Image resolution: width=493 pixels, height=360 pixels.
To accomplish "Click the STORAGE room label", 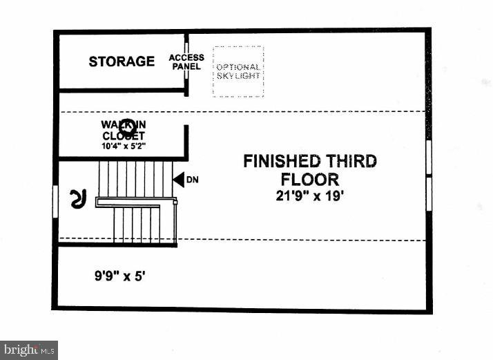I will coord(122,61).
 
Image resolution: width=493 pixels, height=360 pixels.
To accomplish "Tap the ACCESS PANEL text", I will coord(186,62).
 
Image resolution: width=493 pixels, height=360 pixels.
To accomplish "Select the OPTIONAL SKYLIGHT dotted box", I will coord(238,71).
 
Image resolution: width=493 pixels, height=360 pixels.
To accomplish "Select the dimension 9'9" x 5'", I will coord(120,276).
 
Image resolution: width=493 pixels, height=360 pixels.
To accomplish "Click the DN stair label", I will coord(193,180).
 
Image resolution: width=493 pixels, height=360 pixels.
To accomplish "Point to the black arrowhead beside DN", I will coord(178,180).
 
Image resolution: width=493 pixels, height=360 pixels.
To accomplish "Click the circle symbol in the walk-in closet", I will coord(126,127).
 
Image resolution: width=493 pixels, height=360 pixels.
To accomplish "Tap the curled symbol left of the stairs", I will coord(77,199).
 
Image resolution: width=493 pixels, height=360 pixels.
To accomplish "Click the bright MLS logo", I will coord(29,350).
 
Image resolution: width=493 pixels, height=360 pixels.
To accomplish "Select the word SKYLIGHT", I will coord(238,76).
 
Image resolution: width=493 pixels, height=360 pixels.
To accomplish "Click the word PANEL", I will coord(186,67).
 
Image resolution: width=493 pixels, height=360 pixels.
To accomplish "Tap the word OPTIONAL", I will coord(238,66).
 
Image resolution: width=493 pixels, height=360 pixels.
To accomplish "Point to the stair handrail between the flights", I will coord(135,202).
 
